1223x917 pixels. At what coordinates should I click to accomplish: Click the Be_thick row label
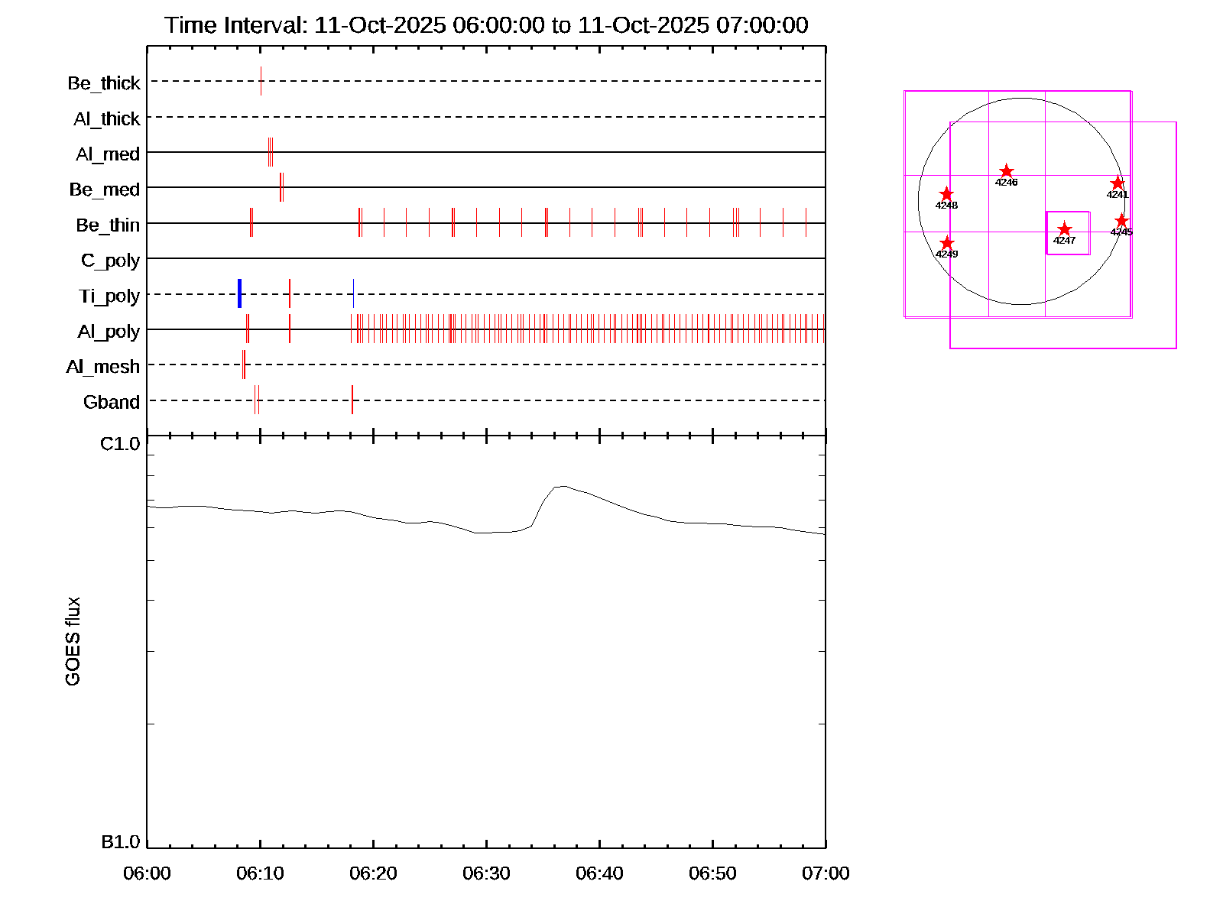point(104,83)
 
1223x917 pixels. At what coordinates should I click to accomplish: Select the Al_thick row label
point(107,118)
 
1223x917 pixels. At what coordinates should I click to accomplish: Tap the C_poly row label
point(111,261)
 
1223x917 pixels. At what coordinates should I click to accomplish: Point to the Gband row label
point(112,402)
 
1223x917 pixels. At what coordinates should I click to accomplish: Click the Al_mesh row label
point(103,367)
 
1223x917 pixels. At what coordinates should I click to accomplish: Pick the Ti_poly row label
point(109,296)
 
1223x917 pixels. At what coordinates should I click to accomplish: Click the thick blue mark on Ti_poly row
point(239,293)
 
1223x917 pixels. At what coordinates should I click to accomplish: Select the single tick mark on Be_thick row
point(261,81)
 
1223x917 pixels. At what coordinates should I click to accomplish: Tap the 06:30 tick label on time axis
point(486,873)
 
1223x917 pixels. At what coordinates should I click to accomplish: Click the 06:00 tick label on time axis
point(147,873)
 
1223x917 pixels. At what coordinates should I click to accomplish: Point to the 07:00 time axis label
point(826,873)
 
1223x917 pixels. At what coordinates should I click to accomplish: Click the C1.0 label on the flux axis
point(121,444)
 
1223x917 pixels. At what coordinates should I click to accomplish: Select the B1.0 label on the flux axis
point(121,842)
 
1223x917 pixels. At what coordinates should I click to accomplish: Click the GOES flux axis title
point(73,642)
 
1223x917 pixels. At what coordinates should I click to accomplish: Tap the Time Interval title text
point(486,25)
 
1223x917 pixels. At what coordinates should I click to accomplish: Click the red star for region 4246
point(1007,171)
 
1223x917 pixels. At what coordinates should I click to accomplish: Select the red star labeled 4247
point(1064,229)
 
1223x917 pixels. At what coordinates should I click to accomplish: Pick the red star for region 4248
point(946,194)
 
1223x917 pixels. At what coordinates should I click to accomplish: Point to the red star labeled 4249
point(947,243)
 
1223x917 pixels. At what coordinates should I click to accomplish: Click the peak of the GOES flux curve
point(562,486)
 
